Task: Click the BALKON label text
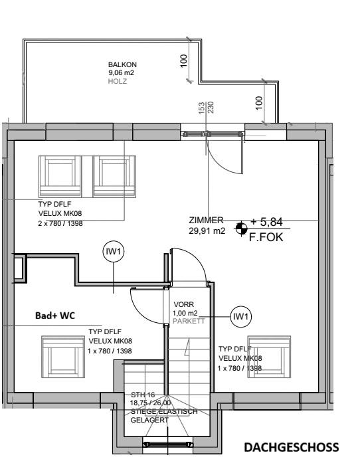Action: [x=122, y=64]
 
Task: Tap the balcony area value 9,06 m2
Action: [x=121, y=72]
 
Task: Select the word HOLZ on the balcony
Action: [x=118, y=81]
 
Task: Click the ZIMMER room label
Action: [x=206, y=221]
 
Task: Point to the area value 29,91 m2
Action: [x=207, y=231]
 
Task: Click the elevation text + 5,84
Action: [x=266, y=222]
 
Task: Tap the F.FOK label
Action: [x=266, y=237]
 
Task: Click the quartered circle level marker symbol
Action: [x=241, y=229]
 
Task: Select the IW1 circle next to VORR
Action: [x=240, y=317]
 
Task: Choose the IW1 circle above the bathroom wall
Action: [x=114, y=251]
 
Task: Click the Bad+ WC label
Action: [x=55, y=316]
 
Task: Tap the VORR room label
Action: [x=184, y=304]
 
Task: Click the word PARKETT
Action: [x=189, y=321]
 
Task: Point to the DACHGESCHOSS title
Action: [x=292, y=448]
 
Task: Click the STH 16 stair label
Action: [x=143, y=395]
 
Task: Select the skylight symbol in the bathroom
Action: [x=63, y=357]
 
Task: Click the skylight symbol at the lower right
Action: [x=269, y=357]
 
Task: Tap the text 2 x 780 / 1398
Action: [x=60, y=224]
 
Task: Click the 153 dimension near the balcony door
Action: [x=202, y=108]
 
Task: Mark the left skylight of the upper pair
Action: [x=60, y=176]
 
